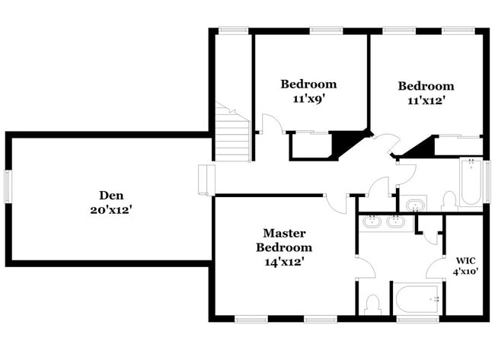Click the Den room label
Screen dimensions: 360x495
(110, 195)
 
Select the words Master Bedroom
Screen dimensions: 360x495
(284, 240)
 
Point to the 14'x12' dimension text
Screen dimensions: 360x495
(284, 262)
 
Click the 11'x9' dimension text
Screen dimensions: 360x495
(308, 98)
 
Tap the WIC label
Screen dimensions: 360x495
(465, 260)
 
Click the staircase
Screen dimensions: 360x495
(233, 134)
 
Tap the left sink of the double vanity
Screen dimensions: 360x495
(372, 222)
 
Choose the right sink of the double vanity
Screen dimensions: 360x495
(395, 222)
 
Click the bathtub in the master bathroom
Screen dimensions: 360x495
(417, 300)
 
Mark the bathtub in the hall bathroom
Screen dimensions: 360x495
(471, 183)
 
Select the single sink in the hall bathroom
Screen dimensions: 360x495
(416, 205)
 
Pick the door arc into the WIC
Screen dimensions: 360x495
(436, 268)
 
